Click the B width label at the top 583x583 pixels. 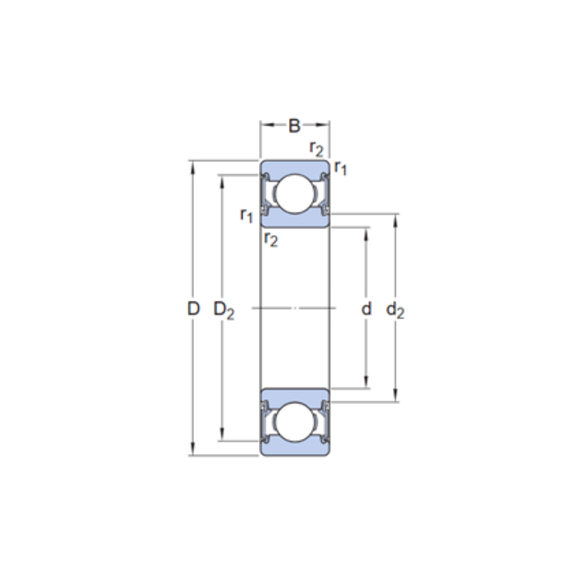(294, 126)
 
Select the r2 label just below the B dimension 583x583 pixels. (317, 149)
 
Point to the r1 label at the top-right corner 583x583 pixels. (340, 167)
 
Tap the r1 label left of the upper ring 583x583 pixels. (247, 215)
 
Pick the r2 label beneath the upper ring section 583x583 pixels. (271, 239)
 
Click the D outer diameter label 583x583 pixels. (194, 308)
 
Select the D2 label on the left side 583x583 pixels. (224, 310)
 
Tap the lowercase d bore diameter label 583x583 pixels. (366, 308)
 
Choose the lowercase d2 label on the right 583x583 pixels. (395, 310)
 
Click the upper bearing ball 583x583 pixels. (295, 194)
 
